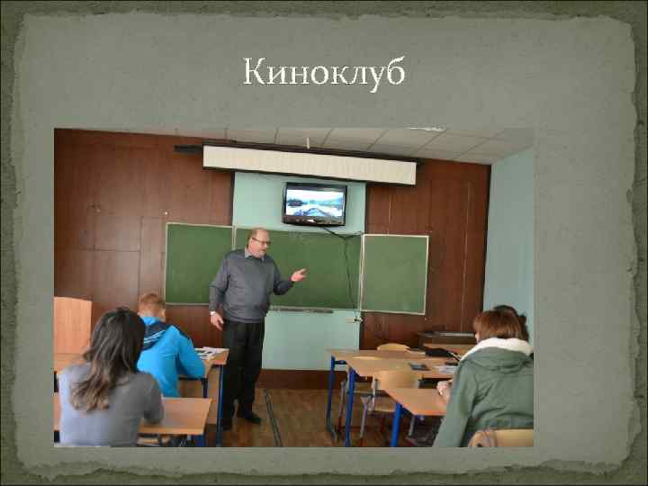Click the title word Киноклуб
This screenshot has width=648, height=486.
324,71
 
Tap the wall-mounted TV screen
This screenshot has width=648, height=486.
314,202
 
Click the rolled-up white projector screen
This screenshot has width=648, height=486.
310,164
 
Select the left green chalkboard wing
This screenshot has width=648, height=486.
198,263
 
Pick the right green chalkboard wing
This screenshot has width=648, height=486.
394,273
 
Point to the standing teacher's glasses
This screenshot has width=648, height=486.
262,241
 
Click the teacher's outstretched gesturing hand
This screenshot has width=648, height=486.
298,274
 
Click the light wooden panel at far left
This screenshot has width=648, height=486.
72,325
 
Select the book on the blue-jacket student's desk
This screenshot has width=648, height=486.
212,352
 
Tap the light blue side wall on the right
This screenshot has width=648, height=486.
509,243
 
